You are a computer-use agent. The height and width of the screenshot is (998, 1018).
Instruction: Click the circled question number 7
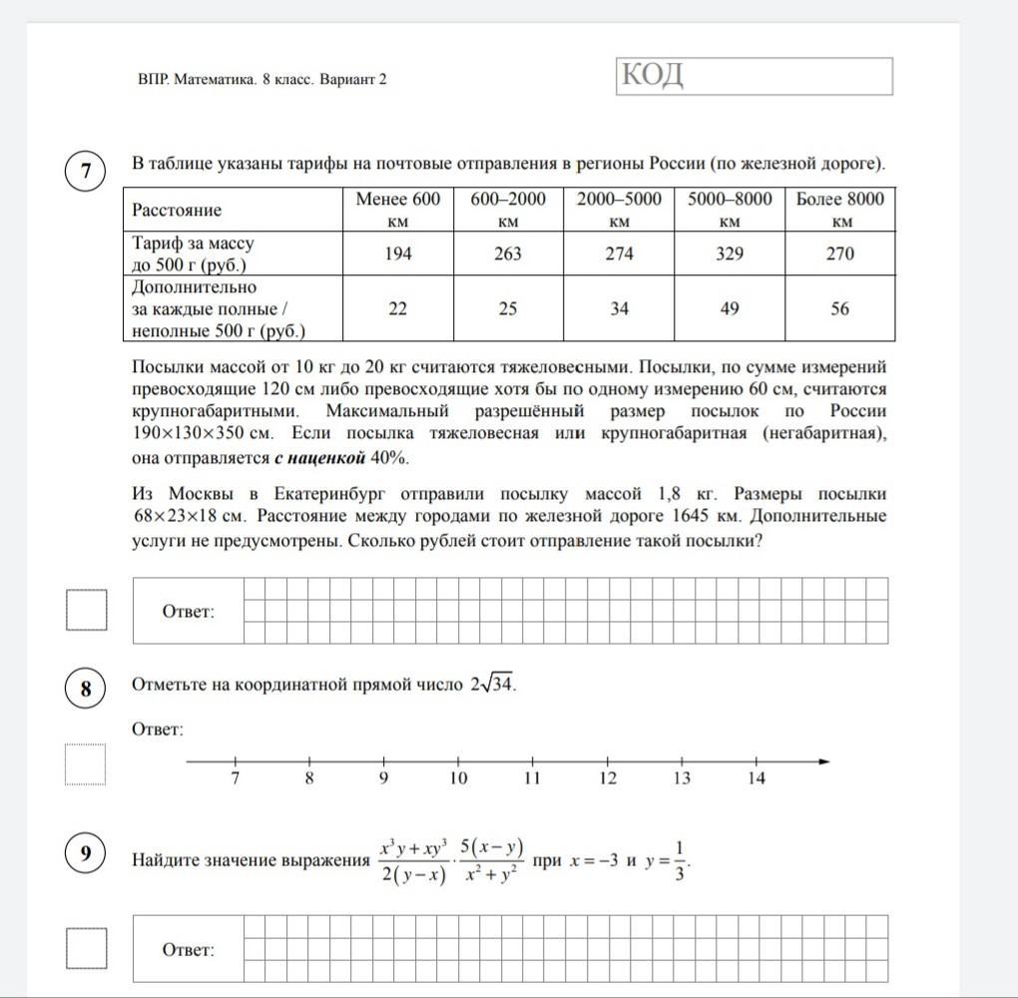[87, 172]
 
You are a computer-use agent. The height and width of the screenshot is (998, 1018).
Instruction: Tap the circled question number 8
[87, 689]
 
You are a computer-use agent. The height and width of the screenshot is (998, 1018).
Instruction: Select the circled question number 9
[87, 853]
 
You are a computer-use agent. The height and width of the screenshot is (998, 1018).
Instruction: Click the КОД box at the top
[755, 76]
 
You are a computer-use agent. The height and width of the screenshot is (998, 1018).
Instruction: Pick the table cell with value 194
[397, 253]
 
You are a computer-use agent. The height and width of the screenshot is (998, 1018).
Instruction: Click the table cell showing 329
[730, 253]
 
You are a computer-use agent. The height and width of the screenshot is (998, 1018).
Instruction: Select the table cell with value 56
[840, 308]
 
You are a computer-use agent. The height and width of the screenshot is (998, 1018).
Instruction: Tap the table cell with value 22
[397, 308]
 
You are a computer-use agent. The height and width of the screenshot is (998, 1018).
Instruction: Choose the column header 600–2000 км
[508, 210]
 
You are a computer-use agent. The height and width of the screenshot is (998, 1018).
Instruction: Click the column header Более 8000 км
[840, 210]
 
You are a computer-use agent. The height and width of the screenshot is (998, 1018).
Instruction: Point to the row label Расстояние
[178, 210]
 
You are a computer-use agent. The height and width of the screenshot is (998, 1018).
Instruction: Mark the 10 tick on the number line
[458, 763]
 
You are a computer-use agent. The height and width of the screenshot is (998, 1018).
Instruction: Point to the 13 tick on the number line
[682, 763]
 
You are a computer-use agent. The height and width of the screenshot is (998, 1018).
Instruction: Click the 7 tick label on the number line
[236, 779]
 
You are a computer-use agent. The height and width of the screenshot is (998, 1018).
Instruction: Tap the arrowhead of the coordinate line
[823, 762]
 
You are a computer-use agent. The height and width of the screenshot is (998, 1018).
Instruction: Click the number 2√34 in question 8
[492, 685]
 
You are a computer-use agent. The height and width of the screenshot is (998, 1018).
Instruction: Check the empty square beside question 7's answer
[87, 610]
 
